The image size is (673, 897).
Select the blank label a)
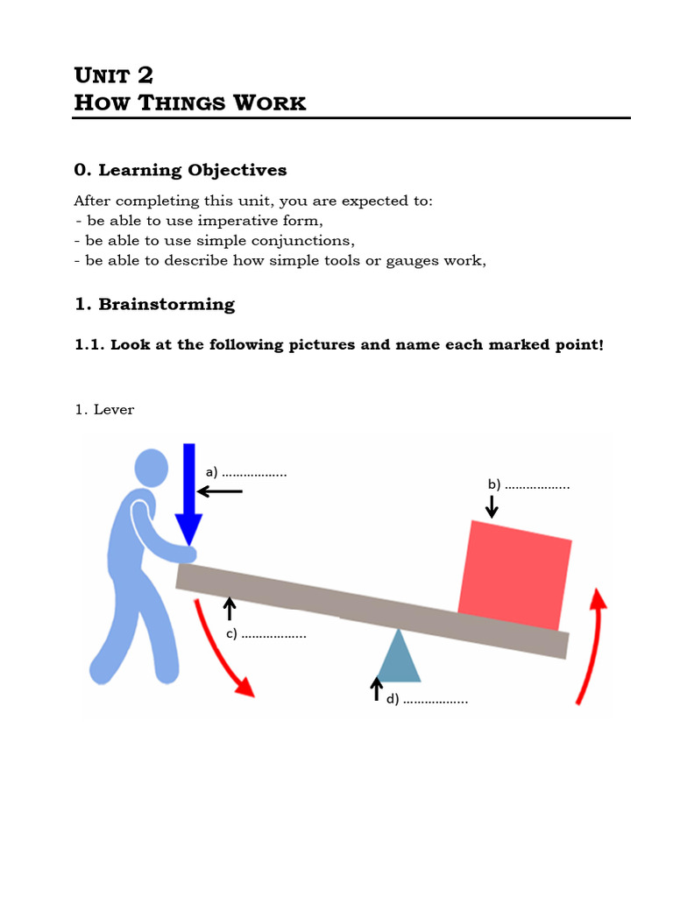[x=246, y=472]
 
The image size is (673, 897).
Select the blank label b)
[x=529, y=484]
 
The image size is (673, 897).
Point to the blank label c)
[x=266, y=633]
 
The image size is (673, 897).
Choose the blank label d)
[x=427, y=699]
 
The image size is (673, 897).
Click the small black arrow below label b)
[x=492, y=505]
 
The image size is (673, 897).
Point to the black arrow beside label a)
[x=220, y=491]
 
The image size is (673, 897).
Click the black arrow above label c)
[x=230, y=608]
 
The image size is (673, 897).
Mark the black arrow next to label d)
[x=377, y=689]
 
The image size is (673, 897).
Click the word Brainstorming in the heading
[x=166, y=305]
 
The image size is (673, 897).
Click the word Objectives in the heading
[x=235, y=170]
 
